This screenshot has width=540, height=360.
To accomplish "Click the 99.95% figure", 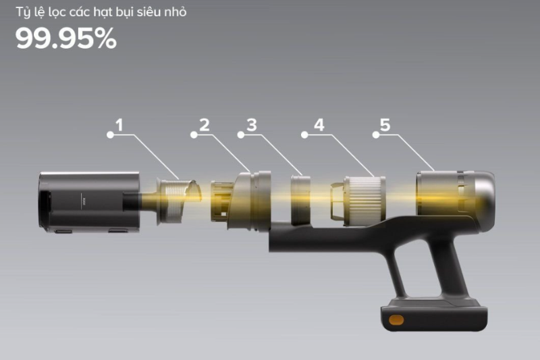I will (x=66, y=40).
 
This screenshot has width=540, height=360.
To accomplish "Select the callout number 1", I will (x=119, y=125).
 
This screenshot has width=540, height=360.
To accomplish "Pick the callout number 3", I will (x=252, y=125).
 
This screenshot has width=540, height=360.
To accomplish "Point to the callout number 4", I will (x=319, y=125).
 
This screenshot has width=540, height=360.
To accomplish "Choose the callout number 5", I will (x=385, y=125).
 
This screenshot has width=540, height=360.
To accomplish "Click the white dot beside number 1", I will (x=109, y=135).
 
